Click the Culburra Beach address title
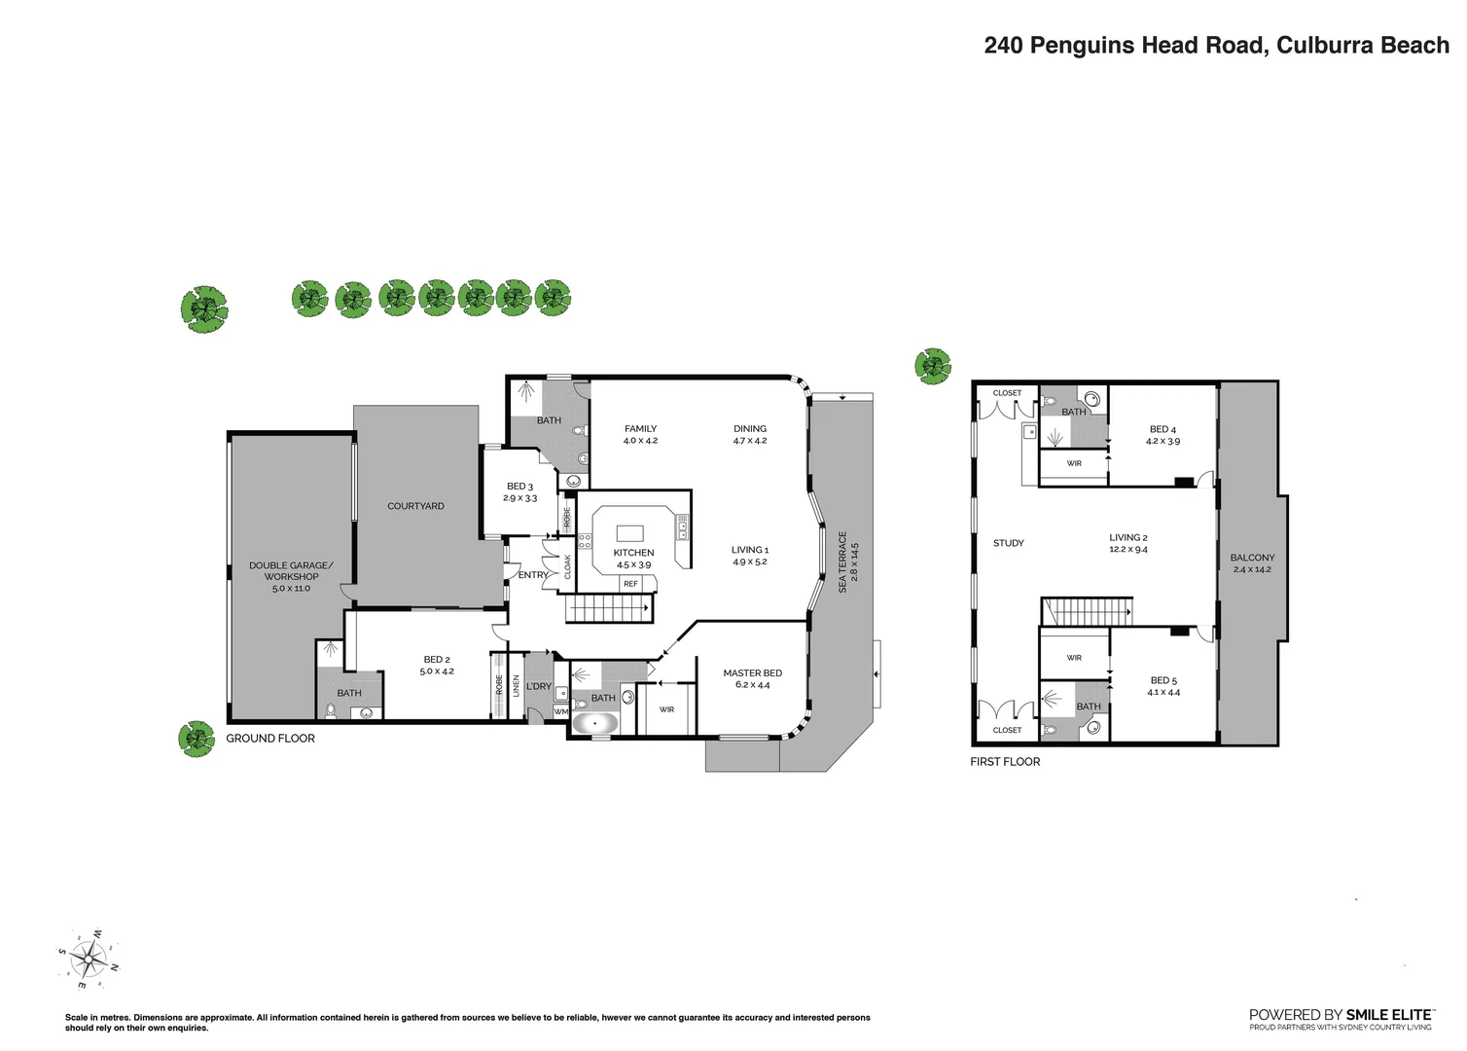1216,46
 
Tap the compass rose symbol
89,960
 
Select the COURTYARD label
415,506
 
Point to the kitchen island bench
629,533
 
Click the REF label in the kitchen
630,584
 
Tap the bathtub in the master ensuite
595,724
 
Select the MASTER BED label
752,673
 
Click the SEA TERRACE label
842,562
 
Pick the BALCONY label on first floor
1252,558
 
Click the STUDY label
1008,543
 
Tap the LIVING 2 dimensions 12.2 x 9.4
1128,550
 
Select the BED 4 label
1163,429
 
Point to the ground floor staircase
609,609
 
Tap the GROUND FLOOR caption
270,739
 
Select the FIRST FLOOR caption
1005,762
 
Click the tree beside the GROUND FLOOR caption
197,739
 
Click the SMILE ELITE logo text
1341,1015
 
